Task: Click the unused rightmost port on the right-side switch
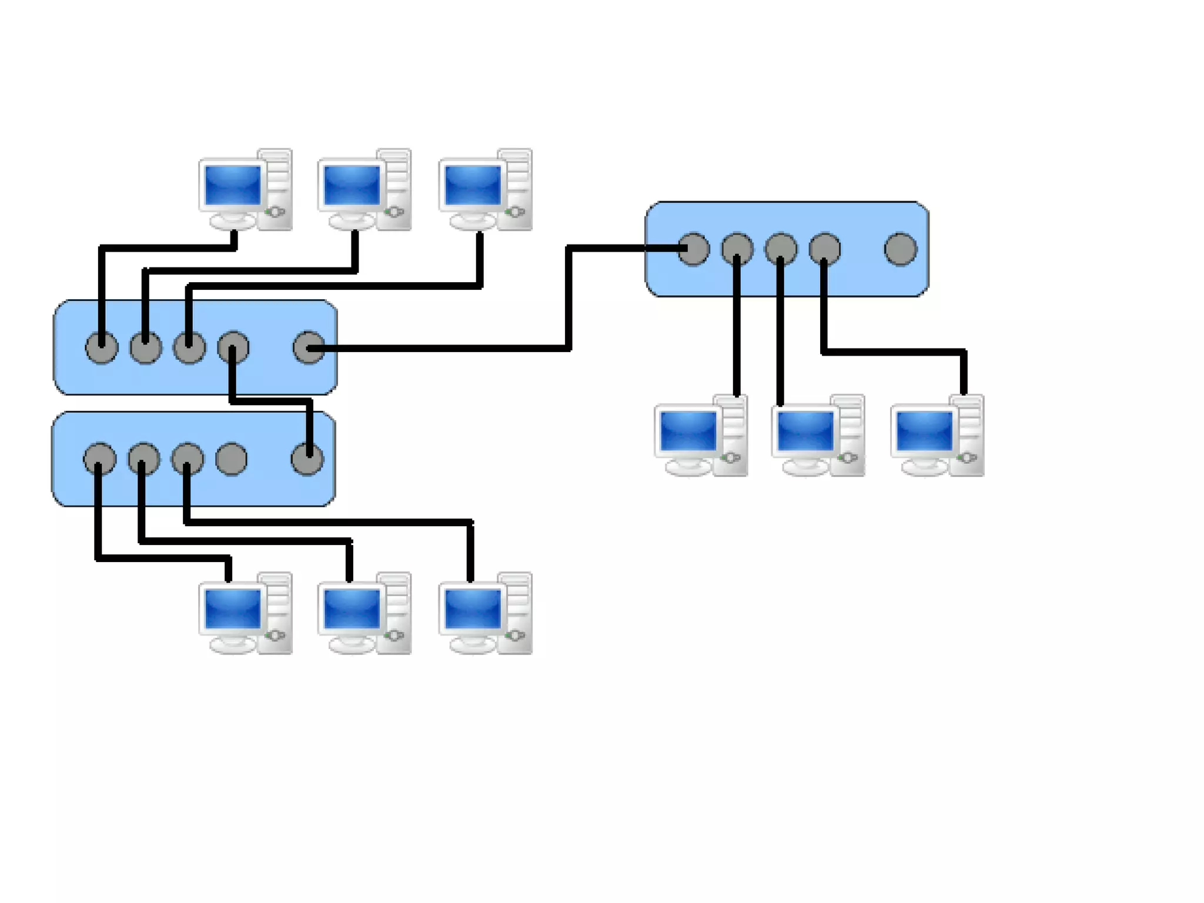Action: (900, 249)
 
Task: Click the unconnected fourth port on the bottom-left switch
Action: (231, 459)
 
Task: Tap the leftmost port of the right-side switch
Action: (694, 249)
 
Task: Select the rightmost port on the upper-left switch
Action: (309, 347)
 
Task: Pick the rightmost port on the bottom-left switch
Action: (307, 459)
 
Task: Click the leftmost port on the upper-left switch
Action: (102, 347)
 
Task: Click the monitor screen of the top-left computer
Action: (233, 185)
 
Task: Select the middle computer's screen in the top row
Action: (352, 185)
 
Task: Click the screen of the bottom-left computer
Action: (233, 608)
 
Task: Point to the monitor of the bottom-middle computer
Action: (352, 608)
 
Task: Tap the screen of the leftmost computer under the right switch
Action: (688, 430)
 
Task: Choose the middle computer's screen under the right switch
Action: (805, 430)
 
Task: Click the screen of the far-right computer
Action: (924, 430)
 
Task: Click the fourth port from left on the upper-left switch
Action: (233, 347)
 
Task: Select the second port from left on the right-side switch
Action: (737, 249)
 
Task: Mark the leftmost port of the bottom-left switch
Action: (100, 459)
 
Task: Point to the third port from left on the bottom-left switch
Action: (188, 459)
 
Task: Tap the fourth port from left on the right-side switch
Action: (825, 249)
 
